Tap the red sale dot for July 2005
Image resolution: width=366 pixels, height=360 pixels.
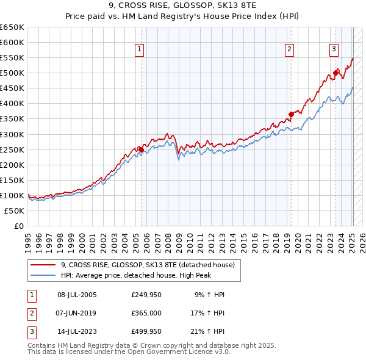click(x=141, y=149)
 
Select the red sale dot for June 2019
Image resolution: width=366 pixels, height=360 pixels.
click(x=291, y=114)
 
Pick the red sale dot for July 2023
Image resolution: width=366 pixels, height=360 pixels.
click(x=335, y=73)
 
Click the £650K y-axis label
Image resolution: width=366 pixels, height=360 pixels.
click(x=12, y=27)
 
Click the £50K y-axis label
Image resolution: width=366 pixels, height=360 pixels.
click(x=15, y=211)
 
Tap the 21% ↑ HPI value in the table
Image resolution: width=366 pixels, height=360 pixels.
click(x=207, y=333)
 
